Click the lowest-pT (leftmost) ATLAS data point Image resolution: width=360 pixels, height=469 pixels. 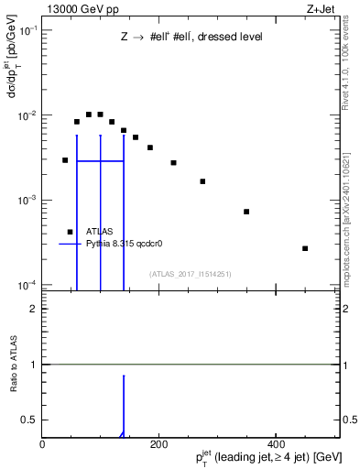[x=65, y=160]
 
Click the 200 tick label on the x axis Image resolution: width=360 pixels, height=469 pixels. [x=159, y=443]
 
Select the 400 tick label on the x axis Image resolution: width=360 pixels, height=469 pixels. [x=276, y=443]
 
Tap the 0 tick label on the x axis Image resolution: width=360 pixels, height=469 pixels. [x=43, y=443]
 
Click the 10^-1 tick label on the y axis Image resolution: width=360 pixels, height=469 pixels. [x=27, y=30]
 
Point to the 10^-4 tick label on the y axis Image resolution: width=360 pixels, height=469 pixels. [x=27, y=285]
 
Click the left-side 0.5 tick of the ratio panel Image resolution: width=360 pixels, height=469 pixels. [x=31, y=420]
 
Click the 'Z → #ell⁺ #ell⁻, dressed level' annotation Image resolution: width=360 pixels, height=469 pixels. [x=191, y=38]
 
